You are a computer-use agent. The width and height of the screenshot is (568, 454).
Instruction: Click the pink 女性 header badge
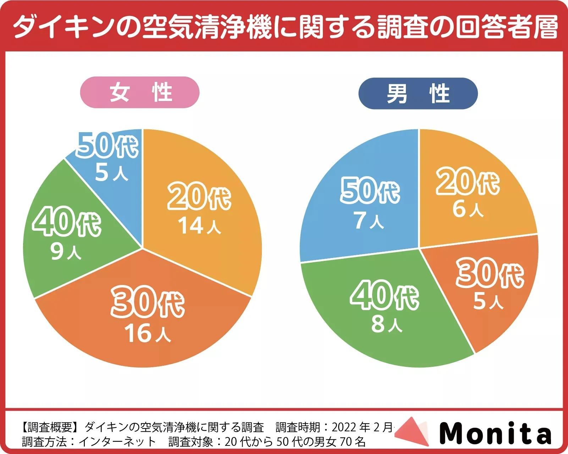(x=140, y=93)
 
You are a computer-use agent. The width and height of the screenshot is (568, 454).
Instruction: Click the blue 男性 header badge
(x=418, y=94)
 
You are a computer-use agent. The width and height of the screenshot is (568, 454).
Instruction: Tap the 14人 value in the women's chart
(x=199, y=225)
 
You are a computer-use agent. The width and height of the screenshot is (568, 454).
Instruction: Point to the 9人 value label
(x=66, y=251)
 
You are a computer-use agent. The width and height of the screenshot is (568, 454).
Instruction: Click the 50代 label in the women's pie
(x=107, y=145)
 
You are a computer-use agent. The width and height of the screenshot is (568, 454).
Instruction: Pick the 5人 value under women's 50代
(x=111, y=173)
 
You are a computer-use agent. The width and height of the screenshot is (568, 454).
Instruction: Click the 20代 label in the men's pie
(x=468, y=181)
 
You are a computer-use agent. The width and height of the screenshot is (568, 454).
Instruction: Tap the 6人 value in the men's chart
(x=468, y=209)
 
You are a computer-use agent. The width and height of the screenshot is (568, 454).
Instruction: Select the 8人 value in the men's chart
(x=387, y=324)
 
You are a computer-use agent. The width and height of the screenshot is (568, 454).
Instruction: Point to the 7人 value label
(x=369, y=220)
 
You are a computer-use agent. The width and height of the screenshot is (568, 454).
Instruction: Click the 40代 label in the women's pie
(x=67, y=222)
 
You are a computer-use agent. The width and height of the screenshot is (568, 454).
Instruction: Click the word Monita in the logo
(x=495, y=433)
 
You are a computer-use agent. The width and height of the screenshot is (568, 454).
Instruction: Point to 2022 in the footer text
(x=344, y=427)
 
